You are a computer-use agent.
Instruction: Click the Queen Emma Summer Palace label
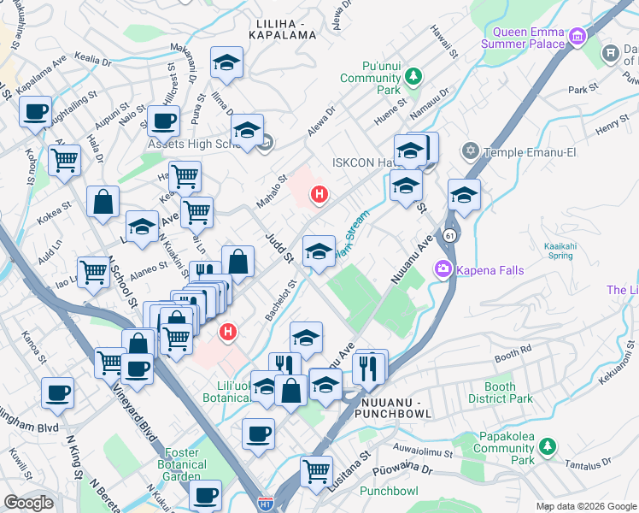pyautogui.click(x=523, y=38)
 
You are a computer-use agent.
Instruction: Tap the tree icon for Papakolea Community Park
pyautogui.click(x=547, y=446)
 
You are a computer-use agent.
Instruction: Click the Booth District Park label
pyautogui.click(x=501, y=392)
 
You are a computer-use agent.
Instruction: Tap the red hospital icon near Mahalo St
pyautogui.click(x=319, y=194)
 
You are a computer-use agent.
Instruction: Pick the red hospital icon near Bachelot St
pyautogui.click(x=227, y=331)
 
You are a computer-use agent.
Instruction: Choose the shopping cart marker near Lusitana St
pyautogui.click(x=316, y=469)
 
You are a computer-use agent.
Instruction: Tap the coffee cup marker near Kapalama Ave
pyautogui.click(x=36, y=111)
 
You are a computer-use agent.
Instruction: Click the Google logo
pyautogui.click(x=28, y=502)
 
